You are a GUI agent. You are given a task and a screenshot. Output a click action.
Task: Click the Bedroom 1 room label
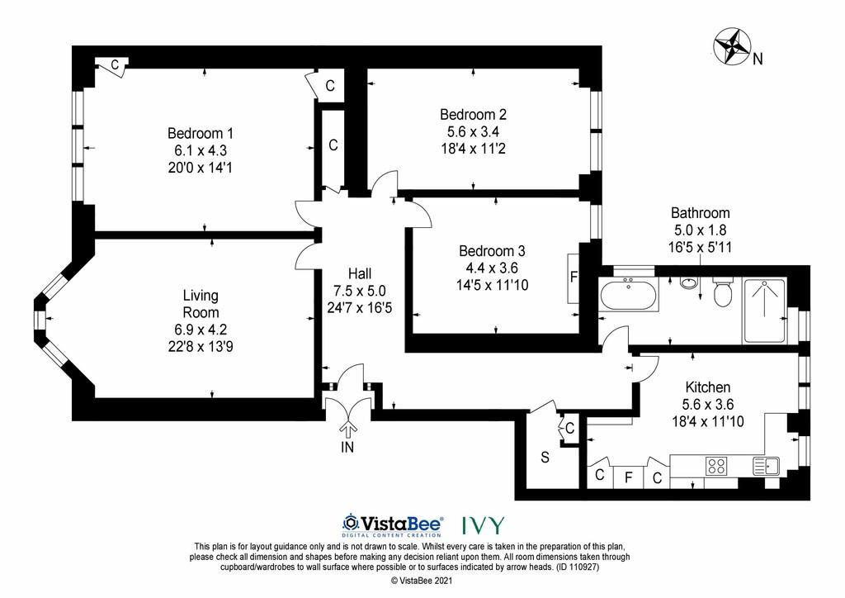pyautogui.click(x=200, y=133)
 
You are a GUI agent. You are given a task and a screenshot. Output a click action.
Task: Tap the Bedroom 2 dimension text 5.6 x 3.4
pyautogui.click(x=473, y=131)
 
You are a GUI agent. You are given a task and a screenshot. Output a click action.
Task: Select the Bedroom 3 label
pyautogui.click(x=492, y=251)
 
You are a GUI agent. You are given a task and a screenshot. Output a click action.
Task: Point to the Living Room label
pyautogui.click(x=201, y=304)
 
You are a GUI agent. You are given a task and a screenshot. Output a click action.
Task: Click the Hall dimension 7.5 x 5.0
pyautogui.click(x=360, y=291)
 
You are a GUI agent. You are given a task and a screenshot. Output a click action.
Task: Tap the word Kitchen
pyautogui.click(x=707, y=387)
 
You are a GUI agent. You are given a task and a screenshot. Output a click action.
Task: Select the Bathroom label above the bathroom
pyautogui.click(x=700, y=212)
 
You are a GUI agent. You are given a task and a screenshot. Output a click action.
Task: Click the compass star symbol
pyautogui.click(x=733, y=45)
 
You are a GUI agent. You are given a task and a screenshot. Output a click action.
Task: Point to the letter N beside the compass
pyautogui.click(x=758, y=59)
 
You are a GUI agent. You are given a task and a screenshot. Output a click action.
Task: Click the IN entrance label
pyautogui.click(x=347, y=447)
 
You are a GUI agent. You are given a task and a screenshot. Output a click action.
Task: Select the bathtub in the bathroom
pyautogui.click(x=628, y=293)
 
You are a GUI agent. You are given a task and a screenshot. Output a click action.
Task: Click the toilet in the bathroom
pyautogui.click(x=721, y=292)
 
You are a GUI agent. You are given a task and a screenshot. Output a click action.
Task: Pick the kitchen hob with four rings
pyautogui.click(x=716, y=465)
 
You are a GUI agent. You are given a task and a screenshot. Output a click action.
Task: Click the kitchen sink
pyautogui.click(x=766, y=465)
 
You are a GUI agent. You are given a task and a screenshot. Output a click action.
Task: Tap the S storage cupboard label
pyautogui.click(x=545, y=458)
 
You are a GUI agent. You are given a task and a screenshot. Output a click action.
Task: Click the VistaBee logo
pyautogui.click(x=393, y=524)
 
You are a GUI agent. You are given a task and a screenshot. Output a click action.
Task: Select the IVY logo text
pyautogui.click(x=484, y=524)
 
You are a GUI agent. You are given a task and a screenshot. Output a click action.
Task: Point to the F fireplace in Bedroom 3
pyautogui.click(x=574, y=277)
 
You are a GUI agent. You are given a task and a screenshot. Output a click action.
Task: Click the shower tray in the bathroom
pyautogui.click(x=765, y=310)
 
